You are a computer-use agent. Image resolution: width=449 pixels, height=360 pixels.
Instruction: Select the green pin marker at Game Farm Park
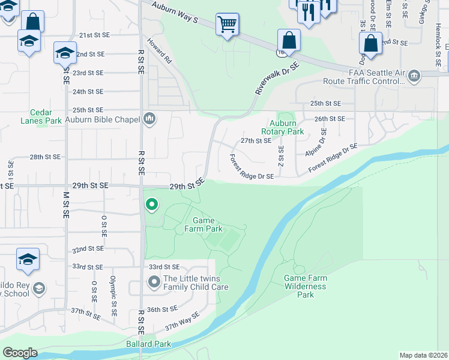152,205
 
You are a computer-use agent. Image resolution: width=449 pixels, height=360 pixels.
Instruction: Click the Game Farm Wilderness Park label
306,286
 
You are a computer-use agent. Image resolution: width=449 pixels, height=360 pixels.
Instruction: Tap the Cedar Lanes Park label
46,116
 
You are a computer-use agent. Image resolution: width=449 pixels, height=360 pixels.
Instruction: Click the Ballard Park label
148,344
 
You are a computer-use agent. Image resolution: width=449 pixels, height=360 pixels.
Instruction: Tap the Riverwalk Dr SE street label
276,79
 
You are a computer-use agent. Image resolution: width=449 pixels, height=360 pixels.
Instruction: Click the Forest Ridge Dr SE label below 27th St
252,167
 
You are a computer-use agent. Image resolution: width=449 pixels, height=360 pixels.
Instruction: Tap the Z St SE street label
280,157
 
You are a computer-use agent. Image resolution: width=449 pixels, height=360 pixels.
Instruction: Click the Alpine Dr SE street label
316,143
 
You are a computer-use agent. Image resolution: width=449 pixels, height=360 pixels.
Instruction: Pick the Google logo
20,353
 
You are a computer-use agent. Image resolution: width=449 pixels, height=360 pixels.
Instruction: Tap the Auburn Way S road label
175,13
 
